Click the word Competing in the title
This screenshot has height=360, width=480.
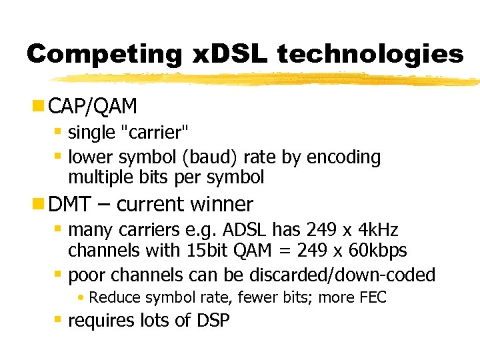[103, 53]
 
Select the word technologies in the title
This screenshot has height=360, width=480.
[370, 53]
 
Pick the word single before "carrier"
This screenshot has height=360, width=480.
[91, 133]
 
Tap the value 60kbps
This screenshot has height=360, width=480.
[375, 251]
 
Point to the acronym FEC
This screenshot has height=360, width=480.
[372, 297]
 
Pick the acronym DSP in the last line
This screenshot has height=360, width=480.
[213, 321]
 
